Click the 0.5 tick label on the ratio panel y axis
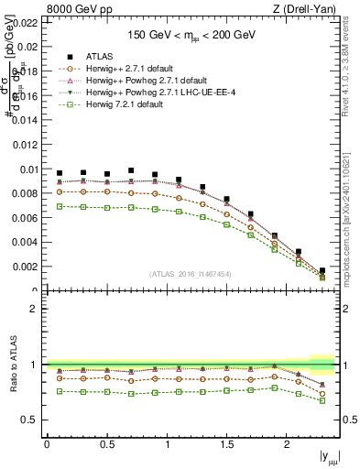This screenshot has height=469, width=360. tap(34, 420)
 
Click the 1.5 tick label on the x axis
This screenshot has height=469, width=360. tap(227, 443)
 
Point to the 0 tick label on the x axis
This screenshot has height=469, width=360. tap(47, 443)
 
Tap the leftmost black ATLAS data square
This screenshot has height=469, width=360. tap(60, 173)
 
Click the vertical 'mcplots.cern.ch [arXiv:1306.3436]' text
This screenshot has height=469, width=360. tap(353, 229)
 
